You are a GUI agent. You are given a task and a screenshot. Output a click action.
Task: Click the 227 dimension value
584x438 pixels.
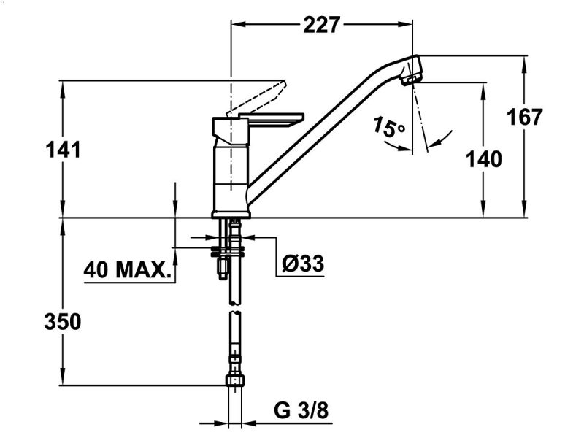pyautogui.click(x=321, y=25)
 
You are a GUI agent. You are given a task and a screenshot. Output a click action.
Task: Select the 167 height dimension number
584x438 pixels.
pyautogui.click(x=525, y=117)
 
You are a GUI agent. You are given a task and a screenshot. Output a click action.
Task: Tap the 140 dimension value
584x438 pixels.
pyautogui.click(x=484, y=159)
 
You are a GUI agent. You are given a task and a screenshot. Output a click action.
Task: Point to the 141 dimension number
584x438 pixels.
pyautogui.click(x=63, y=150)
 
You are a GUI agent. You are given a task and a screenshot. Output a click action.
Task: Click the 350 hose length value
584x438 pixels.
pyautogui.click(x=63, y=322)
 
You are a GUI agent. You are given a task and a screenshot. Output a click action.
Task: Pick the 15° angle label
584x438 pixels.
pyautogui.click(x=388, y=127)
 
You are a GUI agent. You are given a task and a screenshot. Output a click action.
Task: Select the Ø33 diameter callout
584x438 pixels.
pyautogui.click(x=303, y=264)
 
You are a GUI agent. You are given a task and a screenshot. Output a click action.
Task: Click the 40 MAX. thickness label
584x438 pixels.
pyautogui.click(x=127, y=269)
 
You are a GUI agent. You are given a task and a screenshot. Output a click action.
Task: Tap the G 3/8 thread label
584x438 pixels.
pyautogui.click(x=301, y=411)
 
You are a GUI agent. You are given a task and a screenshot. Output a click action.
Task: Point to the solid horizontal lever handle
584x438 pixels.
pyautogui.click(x=272, y=119)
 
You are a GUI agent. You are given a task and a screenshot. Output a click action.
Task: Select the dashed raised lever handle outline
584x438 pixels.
pyautogui.click(x=257, y=98)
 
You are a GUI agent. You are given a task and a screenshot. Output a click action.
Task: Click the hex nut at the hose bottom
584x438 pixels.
pyautogui.click(x=235, y=381)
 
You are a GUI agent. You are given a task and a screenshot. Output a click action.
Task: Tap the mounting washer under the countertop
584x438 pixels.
pyautogui.click(x=228, y=251)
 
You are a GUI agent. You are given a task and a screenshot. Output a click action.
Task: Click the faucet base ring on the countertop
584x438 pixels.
pyautogui.click(x=231, y=214)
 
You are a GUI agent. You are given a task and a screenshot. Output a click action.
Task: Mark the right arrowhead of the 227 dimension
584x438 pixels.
pyautogui.click(x=405, y=25)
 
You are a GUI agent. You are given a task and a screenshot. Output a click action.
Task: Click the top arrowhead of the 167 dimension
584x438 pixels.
pyautogui.click(x=524, y=64)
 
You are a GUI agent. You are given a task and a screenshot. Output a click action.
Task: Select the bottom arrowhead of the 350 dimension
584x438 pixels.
pyautogui.click(x=63, y=377)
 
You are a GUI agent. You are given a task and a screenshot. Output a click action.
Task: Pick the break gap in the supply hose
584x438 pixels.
pyautogui.click(x=234, y=309)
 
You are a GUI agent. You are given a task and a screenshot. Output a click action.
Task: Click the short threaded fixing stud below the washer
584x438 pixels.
pyautogui.click(x=223, y=269)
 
